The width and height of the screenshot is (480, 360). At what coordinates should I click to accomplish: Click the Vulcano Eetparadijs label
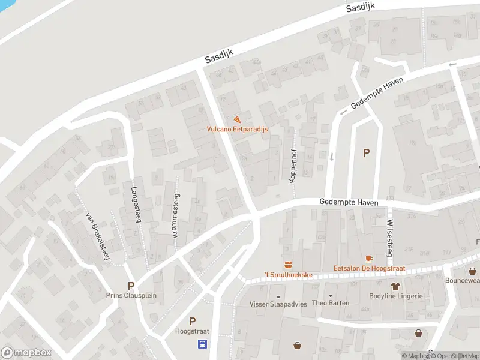[x=238, y=129]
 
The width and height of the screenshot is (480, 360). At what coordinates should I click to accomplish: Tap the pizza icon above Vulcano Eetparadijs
[x=238, y=119]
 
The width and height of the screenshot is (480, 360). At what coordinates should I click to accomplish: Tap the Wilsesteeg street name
[x=389, y=237]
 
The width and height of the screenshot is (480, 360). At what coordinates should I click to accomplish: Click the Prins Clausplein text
[x=130, y=295]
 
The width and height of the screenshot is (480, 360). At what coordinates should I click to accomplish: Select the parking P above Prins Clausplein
[x=130, y=285]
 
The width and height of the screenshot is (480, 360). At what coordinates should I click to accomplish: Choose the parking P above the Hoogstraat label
[x=192, y=321]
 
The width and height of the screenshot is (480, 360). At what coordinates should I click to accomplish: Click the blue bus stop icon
[x=203, y=344]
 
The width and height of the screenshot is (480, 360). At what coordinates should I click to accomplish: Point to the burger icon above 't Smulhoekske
[x=288, y=265]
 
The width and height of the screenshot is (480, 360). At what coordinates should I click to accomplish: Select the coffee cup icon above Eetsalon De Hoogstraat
[x=368, y=259]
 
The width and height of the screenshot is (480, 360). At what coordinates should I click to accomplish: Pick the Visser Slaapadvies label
[x=278, y=304]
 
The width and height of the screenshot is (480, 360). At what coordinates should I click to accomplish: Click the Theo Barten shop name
[x=330, y=304]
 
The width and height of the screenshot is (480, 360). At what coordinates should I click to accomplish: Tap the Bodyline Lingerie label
[x=396, y=296]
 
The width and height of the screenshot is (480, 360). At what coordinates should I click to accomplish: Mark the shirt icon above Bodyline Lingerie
[x=395, y=286]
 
